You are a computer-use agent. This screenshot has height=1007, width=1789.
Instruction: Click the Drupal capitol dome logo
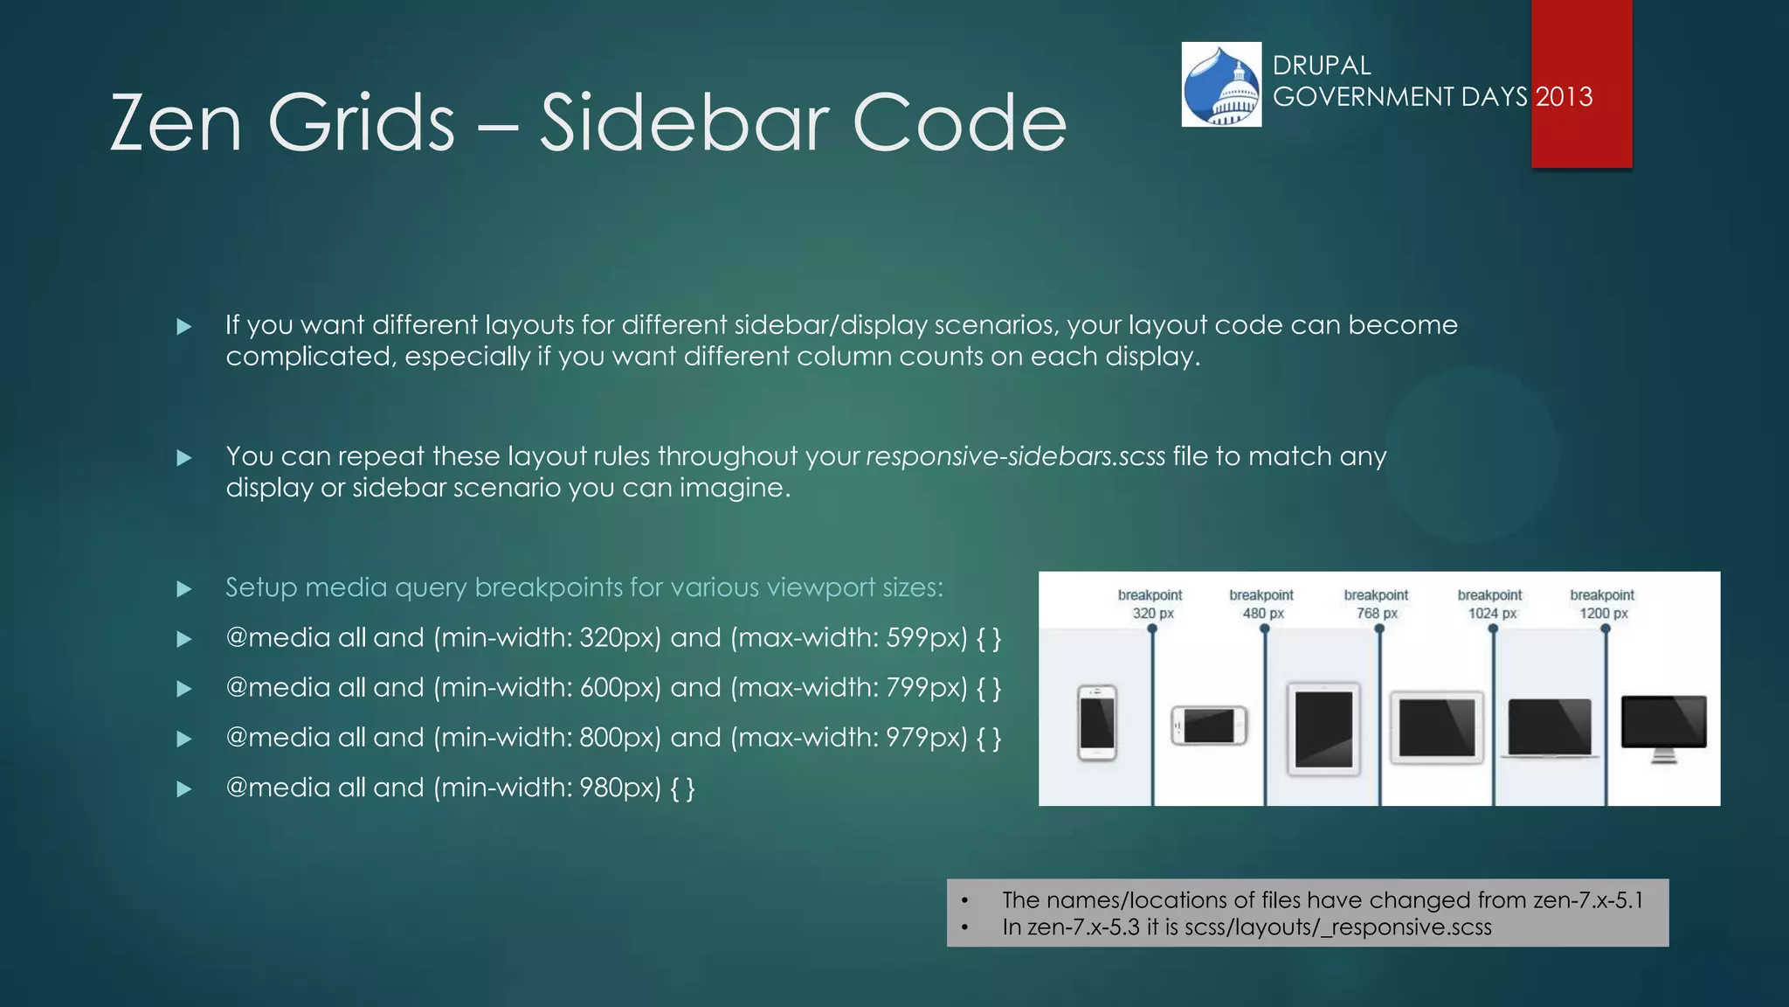1221,85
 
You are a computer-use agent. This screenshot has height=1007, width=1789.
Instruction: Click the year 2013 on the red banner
1564,96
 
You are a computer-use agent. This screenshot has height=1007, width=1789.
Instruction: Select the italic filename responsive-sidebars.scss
1015,456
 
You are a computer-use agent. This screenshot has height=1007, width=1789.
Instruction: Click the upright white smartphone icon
1097,723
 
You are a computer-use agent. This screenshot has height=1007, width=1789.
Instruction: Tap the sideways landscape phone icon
1209,725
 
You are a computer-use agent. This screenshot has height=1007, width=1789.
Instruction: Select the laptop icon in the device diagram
1550,727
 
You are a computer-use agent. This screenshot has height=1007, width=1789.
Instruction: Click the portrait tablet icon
1323,729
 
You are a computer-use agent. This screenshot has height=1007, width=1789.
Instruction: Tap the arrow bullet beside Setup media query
184,589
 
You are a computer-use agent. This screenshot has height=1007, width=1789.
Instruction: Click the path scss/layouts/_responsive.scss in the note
1337,927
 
